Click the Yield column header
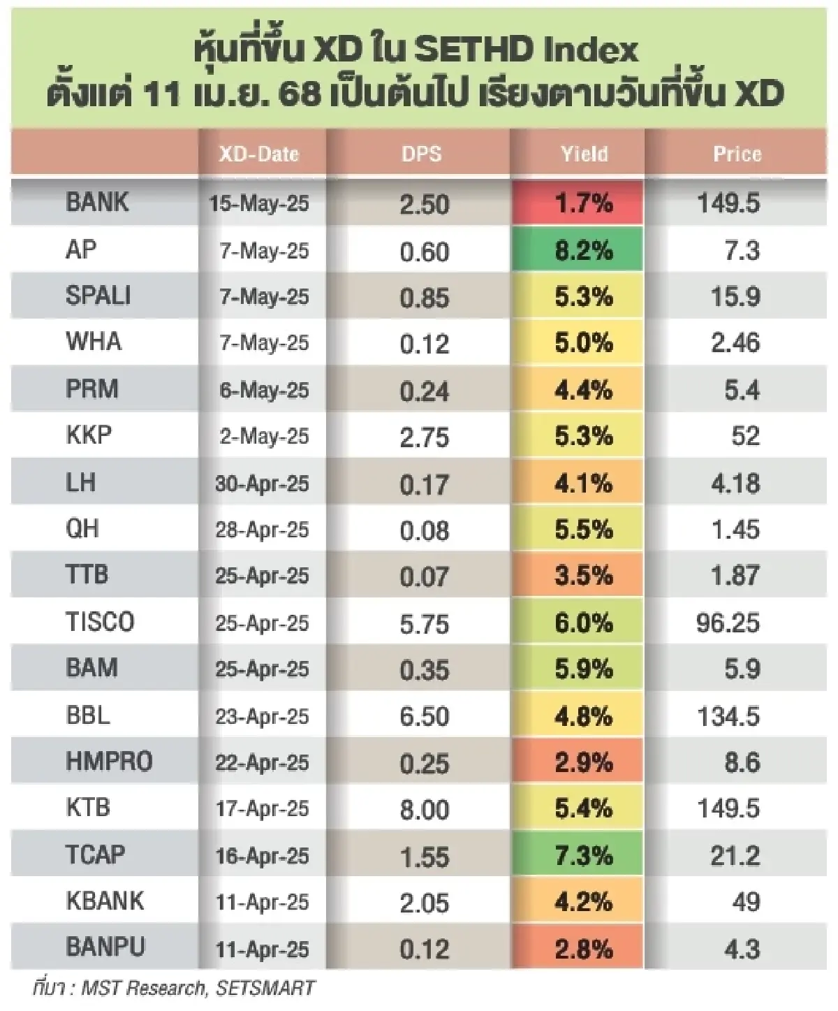pyautogui.click(x=584, y=154)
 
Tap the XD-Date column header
pyautogui.click(x=259, y=154)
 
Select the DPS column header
pyautogui.click(x=421, y=154)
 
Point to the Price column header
pyautogui.click(x=737, y=154)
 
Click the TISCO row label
pyautogui.click(x=99, y=622)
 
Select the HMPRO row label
pyautogui.click(x=109, y=762)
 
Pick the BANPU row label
pyautogui.click(x=105, y=947)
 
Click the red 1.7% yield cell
pyautogui.click(x=584, y=204)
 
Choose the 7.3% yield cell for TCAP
pyautogui.click(x=584, y=855)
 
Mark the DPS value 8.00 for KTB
pyautogui.click(x=425, y=809)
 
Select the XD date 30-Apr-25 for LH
pyautogui.click(x=262, y=483)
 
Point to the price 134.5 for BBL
pyautogui.click(x=728, y=716)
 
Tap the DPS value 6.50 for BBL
pyautogui.click(x=425, y=716)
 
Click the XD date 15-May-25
pyautogui.click(x=259, y=204)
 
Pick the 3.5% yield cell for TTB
pyautogui.click(x=584, y=576)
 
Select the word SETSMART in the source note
pyautogui.click(x=265, y=988)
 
